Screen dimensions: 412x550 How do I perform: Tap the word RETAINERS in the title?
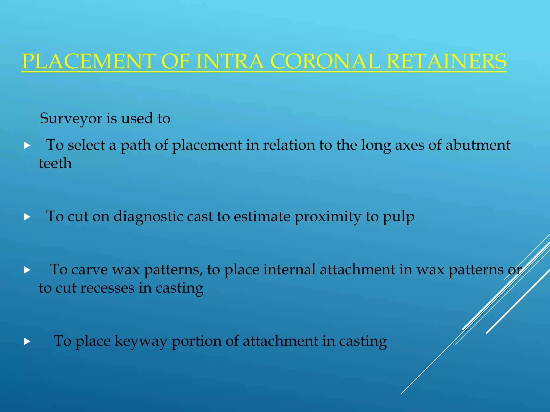click(446, 61)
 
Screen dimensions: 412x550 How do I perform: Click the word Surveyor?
click(71, 119)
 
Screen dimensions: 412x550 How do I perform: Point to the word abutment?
click(478, 145)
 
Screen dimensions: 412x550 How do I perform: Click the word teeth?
click(55, 163)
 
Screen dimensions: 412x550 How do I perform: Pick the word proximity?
click(328, 217)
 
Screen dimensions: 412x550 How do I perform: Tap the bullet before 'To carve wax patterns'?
click(27, 270)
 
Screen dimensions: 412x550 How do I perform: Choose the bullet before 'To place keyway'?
click(27, 341)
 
